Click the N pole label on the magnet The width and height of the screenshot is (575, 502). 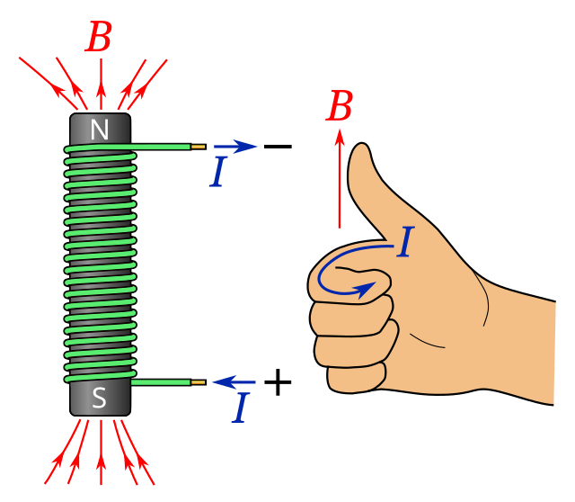pos(99,130)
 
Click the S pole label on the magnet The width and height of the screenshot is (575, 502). pos(99,398)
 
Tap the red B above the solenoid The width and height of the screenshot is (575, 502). pos(99,39)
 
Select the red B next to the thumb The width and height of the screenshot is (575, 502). pos(340,108)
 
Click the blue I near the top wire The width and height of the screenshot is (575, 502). pos(217,173)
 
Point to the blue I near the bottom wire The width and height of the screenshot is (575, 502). pos(240,408)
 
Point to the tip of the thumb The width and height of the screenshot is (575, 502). pos(360,153)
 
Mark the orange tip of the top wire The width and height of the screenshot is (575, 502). pos(199,147)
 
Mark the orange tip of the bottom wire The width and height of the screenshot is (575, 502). pos(199,382)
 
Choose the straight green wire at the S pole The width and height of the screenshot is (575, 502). pos(162,382)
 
